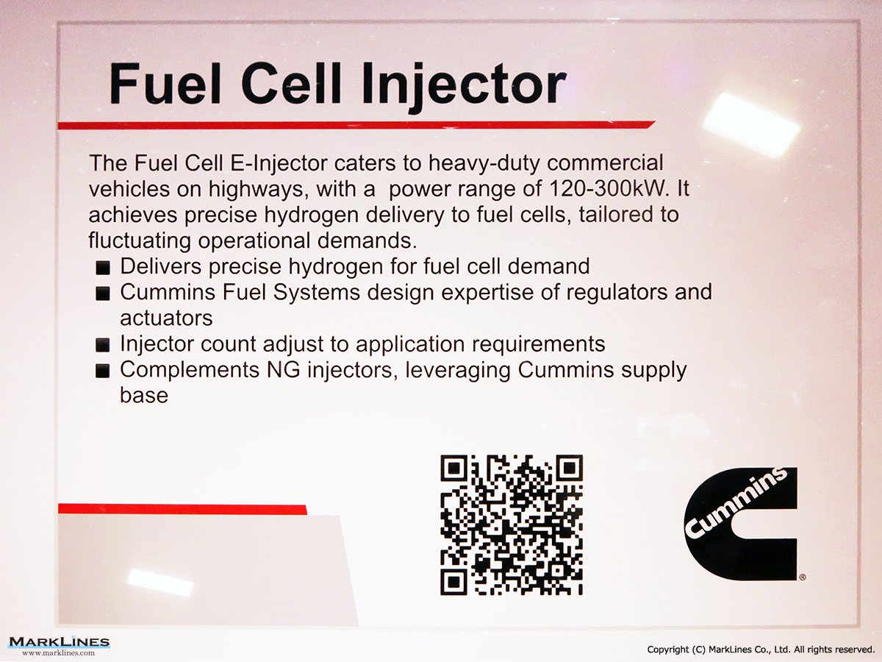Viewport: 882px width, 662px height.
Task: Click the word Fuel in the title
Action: point(165,85)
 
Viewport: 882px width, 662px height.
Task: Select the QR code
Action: point(512,525)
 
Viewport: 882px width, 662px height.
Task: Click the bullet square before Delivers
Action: point(103,268)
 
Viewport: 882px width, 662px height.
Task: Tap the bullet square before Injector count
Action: point(103,345)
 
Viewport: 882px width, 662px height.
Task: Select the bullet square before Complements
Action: point(103,371)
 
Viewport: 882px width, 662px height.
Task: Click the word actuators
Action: point(166,318)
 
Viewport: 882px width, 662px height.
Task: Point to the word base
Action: point(144,395)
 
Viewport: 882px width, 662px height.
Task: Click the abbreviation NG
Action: point(283,369)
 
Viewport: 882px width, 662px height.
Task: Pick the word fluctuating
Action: point(140,241)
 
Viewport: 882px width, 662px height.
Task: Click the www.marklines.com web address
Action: point(59,653)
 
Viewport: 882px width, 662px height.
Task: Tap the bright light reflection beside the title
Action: point(750,124)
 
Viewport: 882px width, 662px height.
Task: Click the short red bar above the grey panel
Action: point(182,509)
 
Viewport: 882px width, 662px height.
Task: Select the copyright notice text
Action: point(761,650)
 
